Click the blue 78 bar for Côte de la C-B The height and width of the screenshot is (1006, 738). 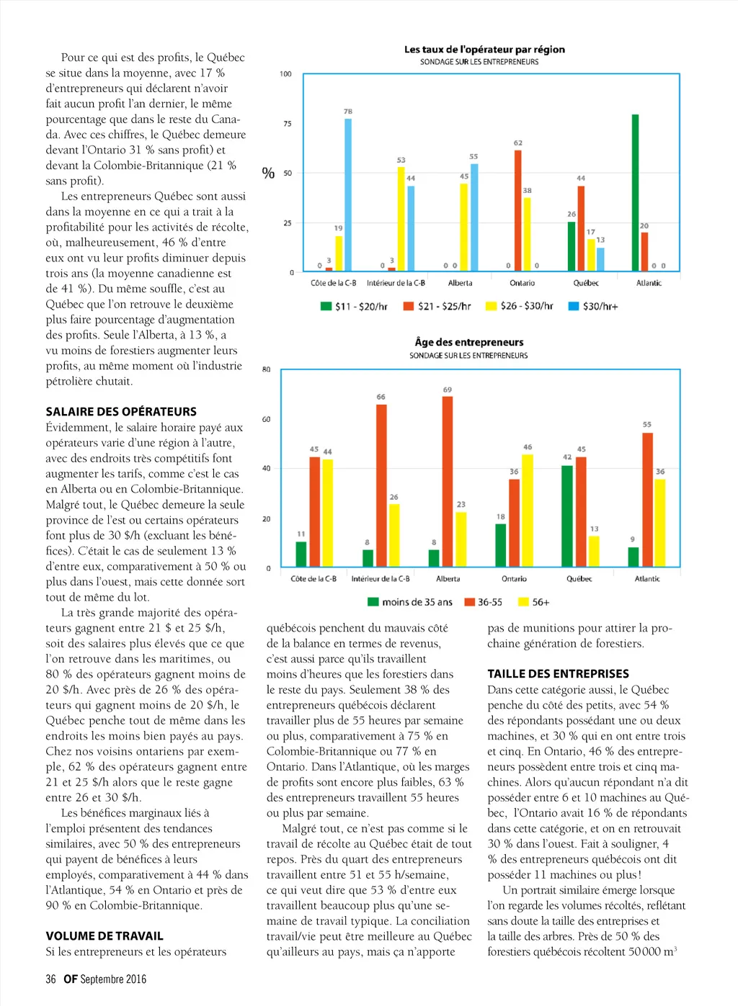pos(348,194)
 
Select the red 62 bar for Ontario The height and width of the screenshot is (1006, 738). pos(517,210)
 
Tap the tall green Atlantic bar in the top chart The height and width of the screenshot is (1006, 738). pos(635,192)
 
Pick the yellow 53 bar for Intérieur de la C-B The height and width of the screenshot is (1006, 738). pos(401,219)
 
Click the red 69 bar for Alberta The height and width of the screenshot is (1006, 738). pos(448,482)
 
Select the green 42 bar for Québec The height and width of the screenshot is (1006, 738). pos(567,516)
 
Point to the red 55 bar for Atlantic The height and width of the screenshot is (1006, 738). pos(647,500)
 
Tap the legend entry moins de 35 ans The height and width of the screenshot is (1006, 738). pos(410,602)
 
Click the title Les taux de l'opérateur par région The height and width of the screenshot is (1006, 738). pos(484,50)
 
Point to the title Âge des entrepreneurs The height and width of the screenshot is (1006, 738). pos(469,342)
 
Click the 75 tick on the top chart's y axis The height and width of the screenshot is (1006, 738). pos(288,124)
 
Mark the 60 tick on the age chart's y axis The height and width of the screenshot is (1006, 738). pos(267,419)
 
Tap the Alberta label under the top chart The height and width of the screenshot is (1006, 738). pos(460,283)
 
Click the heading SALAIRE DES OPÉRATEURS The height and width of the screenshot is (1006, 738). pos(121,412)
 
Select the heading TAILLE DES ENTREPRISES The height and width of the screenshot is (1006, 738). pos(558,674)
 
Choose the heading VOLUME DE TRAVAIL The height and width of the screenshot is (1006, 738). pos(105,936)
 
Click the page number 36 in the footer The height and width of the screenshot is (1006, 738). pos(50,979)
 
